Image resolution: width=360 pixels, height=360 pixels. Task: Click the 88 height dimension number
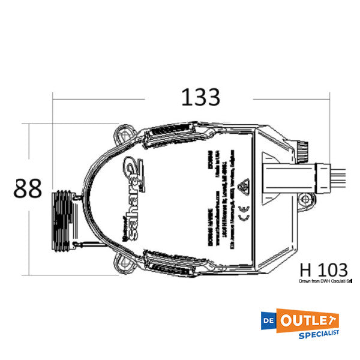pyautogui.click(x=28, y=188)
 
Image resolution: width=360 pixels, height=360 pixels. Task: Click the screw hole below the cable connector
pyautogui.click(x=306, y=199)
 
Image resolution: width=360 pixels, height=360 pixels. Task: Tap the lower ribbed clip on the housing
pyautogui.click(x=171, y=262)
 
